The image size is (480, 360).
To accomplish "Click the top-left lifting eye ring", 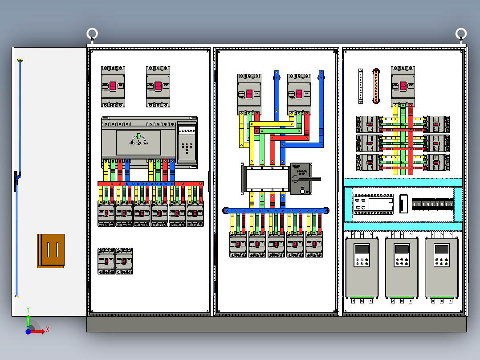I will [92, 34].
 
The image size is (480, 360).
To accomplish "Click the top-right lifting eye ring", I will [461, 34].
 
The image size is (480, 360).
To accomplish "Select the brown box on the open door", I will [51, 251].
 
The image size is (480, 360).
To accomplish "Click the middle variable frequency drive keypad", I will [402, 262].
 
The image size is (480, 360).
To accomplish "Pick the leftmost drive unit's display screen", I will [362, 249].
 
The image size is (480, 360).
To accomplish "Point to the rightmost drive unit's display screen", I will [442, 249].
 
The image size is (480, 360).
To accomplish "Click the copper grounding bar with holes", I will [376, 86].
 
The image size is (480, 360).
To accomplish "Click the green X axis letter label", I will [47, 329].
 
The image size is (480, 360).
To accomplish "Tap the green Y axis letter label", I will [28, 309].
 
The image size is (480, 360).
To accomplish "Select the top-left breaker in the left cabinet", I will [113, 86].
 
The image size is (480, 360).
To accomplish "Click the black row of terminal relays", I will [432, 205].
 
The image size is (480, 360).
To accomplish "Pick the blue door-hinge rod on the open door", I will [19, 178].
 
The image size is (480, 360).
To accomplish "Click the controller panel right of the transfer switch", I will [187, 143].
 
